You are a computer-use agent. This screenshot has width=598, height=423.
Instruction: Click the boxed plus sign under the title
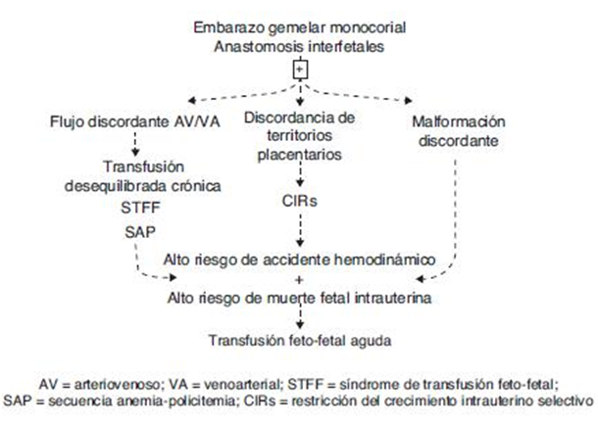pos(300,70)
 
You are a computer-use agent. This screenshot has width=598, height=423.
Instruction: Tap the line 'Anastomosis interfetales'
pos(300,46)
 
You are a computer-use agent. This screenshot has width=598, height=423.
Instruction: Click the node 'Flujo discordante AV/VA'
pos(122,122)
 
